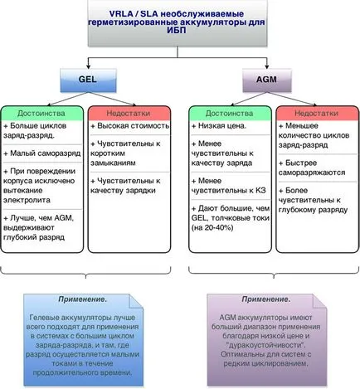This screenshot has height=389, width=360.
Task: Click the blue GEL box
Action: point(88,80)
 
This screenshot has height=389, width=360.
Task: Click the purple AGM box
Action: point(267,80)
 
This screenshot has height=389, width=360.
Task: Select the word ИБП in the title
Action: point(177,30)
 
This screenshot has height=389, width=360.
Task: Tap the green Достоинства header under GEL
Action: point(42,113)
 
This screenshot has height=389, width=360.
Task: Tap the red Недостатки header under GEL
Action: point(129,113)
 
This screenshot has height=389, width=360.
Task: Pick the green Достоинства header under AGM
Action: point(230,113)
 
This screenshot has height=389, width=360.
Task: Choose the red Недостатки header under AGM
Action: point(317,113)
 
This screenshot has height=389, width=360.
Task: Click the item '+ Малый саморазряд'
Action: point(42,153)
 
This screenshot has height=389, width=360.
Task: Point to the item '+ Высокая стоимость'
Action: point(130,126)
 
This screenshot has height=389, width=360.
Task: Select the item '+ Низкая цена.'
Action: point(219,126)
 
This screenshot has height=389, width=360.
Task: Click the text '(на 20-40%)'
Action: point(212,227)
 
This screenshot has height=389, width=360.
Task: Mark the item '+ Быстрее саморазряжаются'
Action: point(312,168)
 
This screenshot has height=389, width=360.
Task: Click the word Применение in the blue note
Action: point(82,299)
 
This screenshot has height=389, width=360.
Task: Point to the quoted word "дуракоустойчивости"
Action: point(265,345)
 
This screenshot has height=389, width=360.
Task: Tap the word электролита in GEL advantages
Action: point(27,200)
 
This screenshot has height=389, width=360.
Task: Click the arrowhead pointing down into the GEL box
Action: point(88,66)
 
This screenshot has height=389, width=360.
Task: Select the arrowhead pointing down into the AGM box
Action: point(267,66)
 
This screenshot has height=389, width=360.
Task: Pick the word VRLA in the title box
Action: point(121,13)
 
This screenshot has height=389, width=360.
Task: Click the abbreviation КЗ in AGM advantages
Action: point(260,191)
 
